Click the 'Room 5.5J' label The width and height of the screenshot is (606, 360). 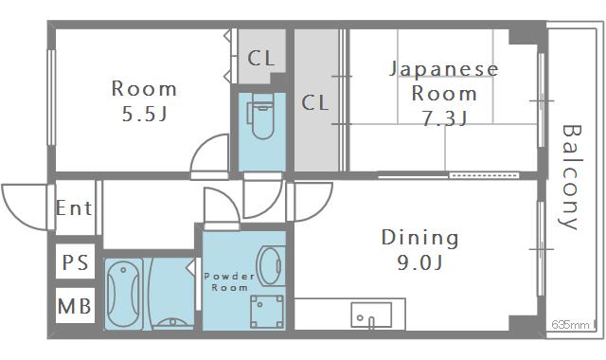(145, 100)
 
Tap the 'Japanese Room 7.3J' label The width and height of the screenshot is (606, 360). (444, 93)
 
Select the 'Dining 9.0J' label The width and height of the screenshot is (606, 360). (419, 248)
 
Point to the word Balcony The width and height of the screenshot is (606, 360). (569, 177)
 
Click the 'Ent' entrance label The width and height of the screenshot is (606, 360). (74, 207)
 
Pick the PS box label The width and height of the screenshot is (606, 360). (75, 261)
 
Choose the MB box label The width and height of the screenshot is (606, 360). (75, 307)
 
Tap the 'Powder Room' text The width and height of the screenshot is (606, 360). (229, 281)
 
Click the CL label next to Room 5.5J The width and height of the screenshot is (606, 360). (261, 58)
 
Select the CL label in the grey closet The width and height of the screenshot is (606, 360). (315, 102)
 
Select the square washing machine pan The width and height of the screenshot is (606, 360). (265, 310)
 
